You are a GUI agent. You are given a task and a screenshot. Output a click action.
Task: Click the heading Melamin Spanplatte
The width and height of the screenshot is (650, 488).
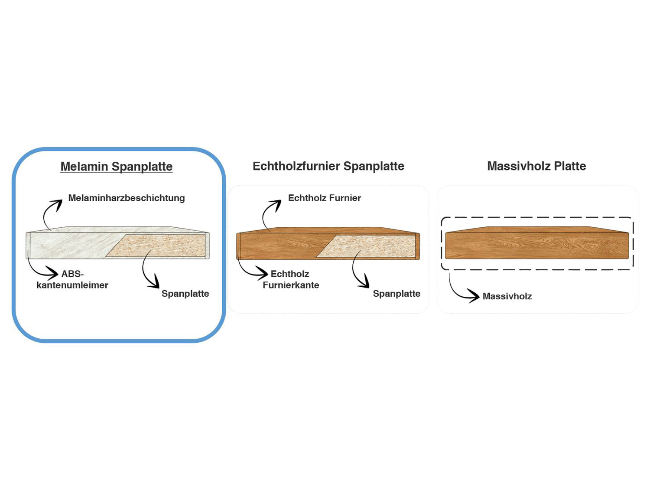click(117, 167)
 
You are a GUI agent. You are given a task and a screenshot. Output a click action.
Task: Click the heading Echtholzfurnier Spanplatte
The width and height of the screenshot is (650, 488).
click(328, 166)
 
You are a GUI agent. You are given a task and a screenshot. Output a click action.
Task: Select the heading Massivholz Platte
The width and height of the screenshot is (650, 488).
click(536, 166)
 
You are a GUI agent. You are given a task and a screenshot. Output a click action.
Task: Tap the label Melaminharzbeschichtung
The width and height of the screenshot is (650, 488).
click(127, 198)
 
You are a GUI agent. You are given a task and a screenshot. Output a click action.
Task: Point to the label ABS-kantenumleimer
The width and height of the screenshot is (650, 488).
click(72, 280)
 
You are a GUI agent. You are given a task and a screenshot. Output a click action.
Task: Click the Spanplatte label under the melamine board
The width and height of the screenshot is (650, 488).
click(185, 294)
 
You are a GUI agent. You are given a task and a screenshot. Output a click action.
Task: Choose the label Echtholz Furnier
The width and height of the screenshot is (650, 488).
click(324, 198)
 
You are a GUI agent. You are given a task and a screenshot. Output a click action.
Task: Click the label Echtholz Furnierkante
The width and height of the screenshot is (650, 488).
click(291, 280)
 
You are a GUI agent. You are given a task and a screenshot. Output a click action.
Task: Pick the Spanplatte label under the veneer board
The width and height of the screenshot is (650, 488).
click(396, 294)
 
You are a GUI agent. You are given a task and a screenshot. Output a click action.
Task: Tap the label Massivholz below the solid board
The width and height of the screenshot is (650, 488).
click(507, 297)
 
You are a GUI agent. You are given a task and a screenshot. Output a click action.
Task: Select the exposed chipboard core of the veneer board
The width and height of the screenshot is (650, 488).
click(368, 246)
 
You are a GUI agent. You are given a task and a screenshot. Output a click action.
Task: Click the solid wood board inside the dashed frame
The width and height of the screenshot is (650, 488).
click(537, 245)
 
